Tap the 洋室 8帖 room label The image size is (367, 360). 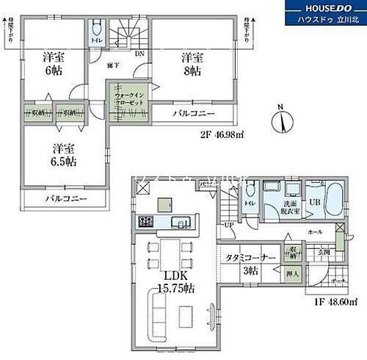click(193, 65)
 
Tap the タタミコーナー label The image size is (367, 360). click(250, 259)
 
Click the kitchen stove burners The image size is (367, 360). click(145, 222)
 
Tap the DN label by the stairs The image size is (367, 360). click(139, 53)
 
